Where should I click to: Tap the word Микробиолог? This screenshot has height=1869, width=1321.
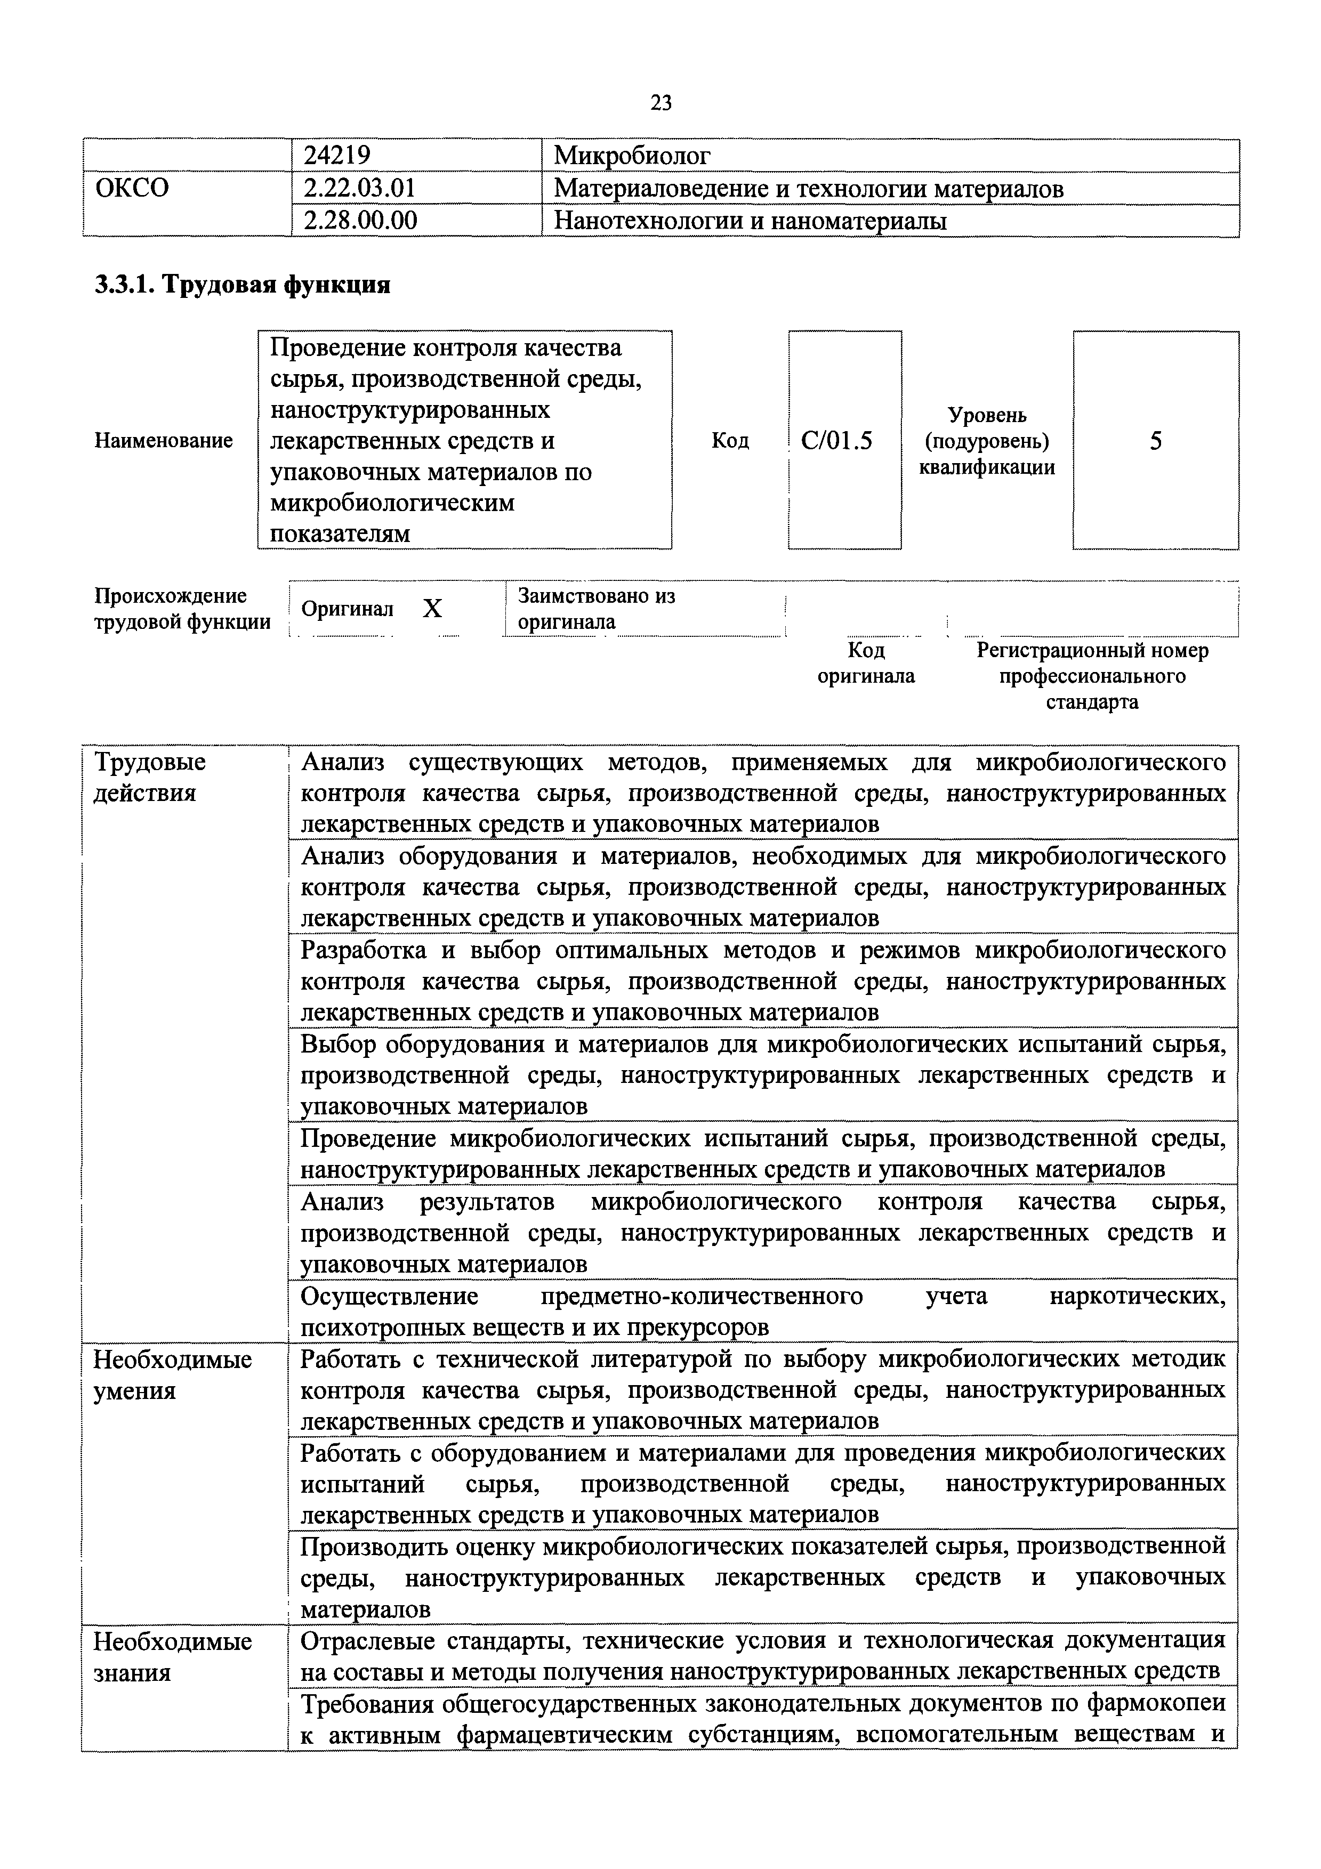tap(632, 156)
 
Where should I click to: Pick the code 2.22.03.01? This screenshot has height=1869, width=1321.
tap(359, 189)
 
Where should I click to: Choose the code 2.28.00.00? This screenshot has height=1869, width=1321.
tap(360, 221)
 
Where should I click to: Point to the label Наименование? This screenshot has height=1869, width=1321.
tap(164, 440)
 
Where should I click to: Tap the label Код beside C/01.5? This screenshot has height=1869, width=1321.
tap(730, 440)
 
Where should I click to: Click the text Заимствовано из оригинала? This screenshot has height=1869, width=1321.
tap(596, 609)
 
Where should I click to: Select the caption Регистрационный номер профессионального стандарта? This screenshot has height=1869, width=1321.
tap(1092, 676)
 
